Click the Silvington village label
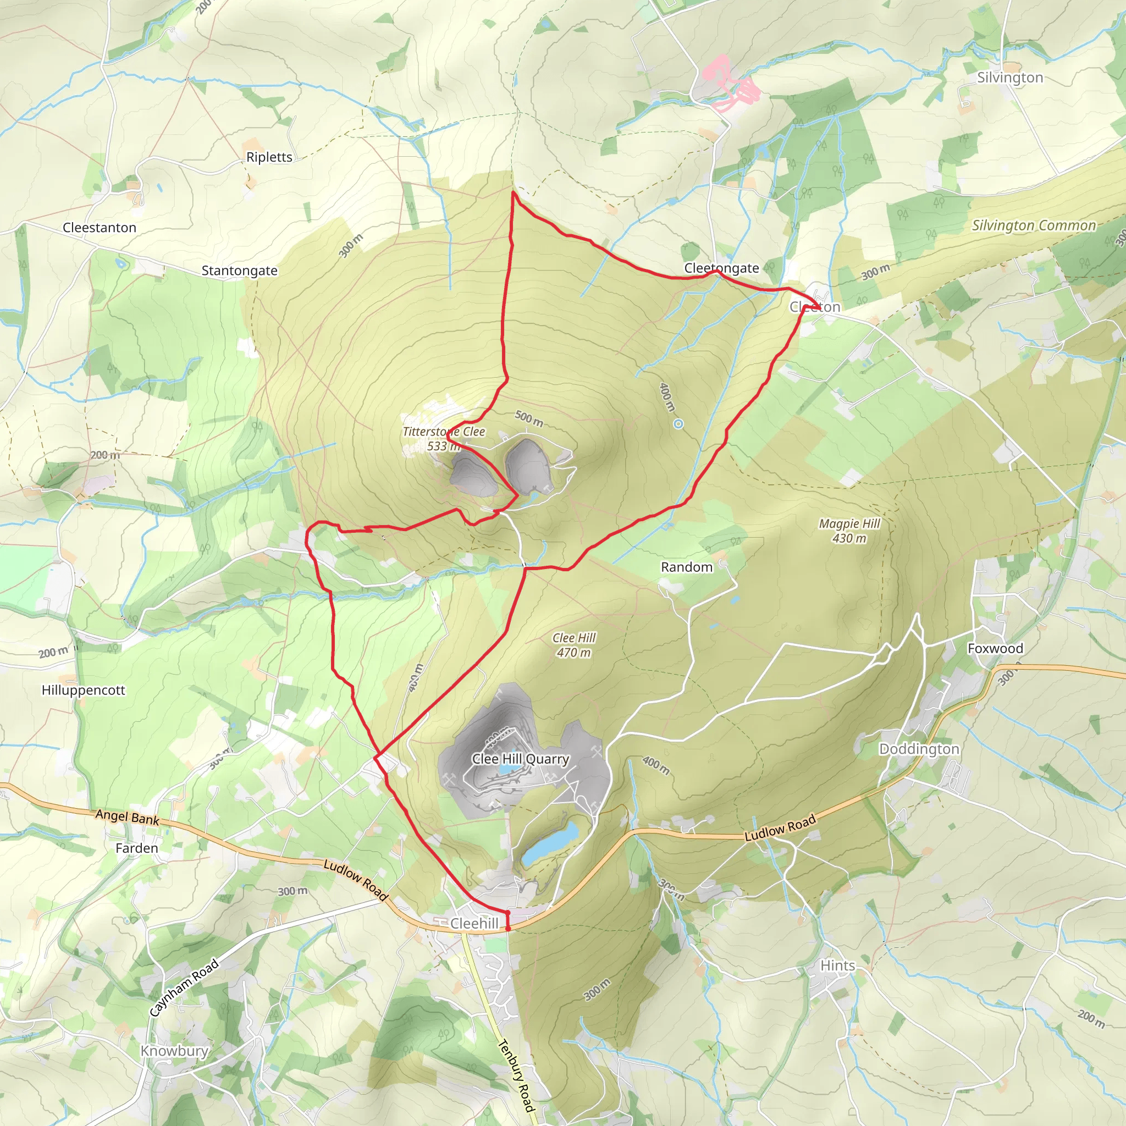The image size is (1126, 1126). (1010, 78)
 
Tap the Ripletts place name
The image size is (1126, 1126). (269, 157)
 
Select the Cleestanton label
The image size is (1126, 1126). (99, 227)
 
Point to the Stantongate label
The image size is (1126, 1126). (239, 271)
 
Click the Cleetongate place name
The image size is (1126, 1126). (721, 268)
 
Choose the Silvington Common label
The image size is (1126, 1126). (1033, 225)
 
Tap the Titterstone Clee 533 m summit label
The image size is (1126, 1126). (444, 439)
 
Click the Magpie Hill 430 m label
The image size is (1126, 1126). (849, 531)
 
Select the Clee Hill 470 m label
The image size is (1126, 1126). (574, 645)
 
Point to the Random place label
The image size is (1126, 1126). (686, 567)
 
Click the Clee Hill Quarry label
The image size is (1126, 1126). (520, 759)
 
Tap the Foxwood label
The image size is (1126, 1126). (995, 648)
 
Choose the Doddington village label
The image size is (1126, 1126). (919, 749)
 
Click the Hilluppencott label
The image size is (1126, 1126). (84, 690)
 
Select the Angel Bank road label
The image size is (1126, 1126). (127, 817)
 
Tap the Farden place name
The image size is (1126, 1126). (136, 848)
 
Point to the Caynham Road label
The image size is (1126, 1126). (184, 987)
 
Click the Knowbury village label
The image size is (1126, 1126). (174, 1051)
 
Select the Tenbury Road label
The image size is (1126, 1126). (516, 1075)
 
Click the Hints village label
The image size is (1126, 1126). (837, 965)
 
